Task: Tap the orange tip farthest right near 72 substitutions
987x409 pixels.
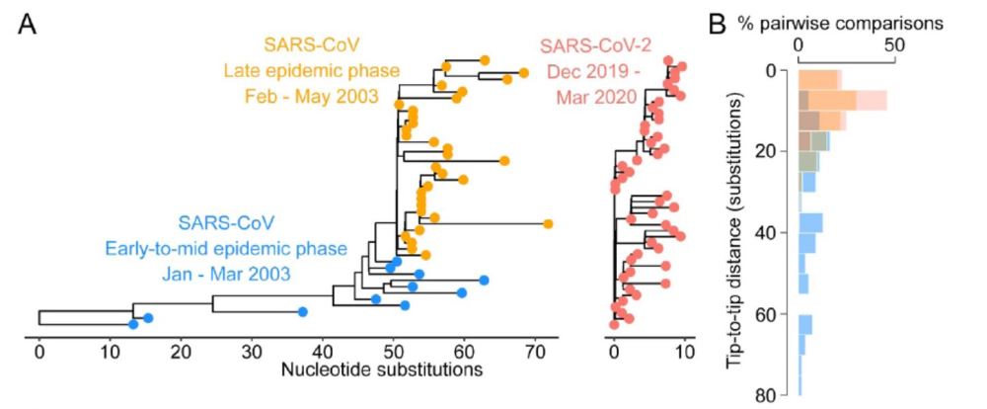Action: tap(548, 224)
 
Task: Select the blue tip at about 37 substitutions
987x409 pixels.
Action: tap(303, 312)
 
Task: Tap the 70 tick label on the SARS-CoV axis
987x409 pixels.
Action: tap(534, 352)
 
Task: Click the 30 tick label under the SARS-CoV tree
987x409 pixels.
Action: tap(251, 352)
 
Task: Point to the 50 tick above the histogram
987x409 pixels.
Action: tap(894, 44)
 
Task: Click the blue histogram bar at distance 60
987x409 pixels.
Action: tap(805, 324)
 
